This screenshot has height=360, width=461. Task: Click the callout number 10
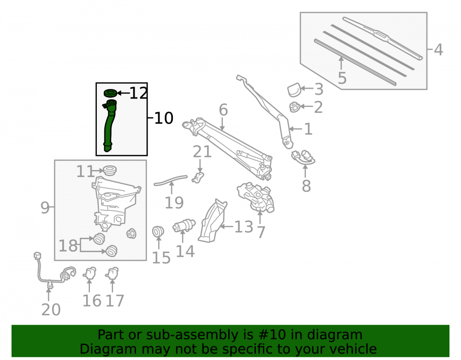(x=164, y=118)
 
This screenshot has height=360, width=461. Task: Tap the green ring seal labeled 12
(x=110, y=93)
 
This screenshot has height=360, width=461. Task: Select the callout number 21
(x=202, y=152)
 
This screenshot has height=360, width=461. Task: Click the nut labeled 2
(x=294, y=107)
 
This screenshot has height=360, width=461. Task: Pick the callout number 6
(x=223, y=110)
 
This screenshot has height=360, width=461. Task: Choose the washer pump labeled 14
(x=184, y=226)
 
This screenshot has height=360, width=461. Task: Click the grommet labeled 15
(x=158, y=231)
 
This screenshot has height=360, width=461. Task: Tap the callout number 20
(x=51, y=309)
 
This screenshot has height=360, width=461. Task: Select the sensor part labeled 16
(x=90, y=273)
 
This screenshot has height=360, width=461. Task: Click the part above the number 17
(x=112, y=273)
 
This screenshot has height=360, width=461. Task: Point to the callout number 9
(x=45, y=207)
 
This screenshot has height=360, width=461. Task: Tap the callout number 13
(x=243, y=227)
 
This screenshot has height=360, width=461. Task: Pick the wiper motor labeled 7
(x=256, y=197)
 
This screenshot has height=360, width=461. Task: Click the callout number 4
(x=438, y=50)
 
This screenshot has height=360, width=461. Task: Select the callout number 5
(x=342, y=78)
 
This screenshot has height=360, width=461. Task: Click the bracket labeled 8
(x=303, y=157)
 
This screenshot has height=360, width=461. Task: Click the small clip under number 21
(x=198, y=177)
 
